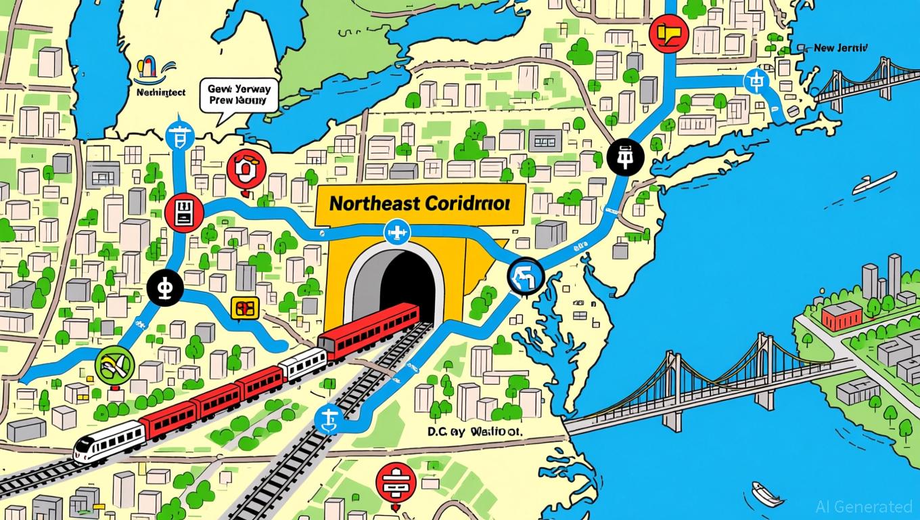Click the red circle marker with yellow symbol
pos(668,32)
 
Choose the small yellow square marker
pos(241,308)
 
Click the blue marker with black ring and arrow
pos(524,276)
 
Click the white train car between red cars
pos(302,364)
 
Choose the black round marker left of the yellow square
pos(164,286)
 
